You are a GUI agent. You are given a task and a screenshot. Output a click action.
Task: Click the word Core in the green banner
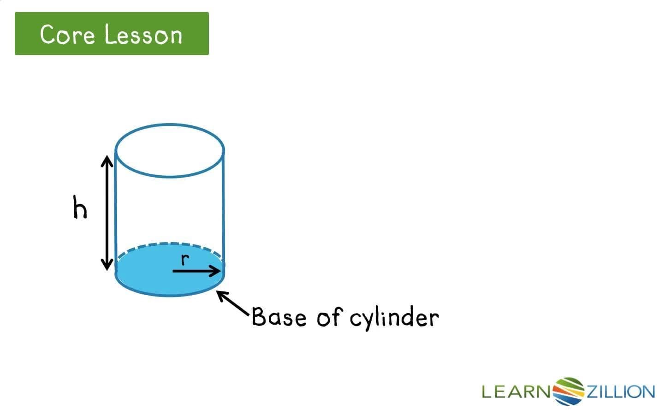[67, 35]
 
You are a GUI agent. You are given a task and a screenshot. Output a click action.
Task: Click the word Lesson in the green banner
[143, 35]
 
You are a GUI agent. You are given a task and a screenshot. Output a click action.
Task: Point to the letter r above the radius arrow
[185, 260]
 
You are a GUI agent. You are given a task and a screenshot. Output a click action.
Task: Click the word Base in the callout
[279, 317]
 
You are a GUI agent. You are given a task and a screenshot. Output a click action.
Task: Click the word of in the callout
[329, 317]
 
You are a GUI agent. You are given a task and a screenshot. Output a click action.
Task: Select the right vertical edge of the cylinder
[224, 207]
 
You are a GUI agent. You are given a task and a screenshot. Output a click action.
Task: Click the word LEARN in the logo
[516, 392]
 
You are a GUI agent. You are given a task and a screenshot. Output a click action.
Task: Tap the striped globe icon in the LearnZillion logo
[568, 391]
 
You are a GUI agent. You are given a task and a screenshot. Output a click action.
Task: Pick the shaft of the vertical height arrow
[107, 212]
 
